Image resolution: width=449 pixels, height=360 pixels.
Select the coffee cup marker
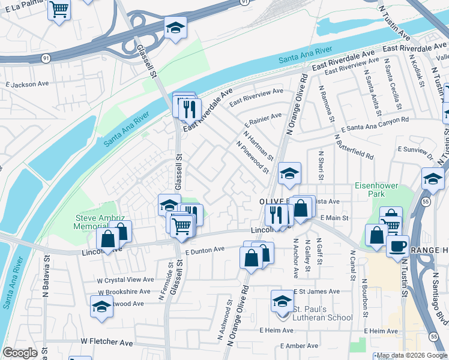click(397, 246)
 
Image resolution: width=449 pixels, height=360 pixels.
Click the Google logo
click(20, 353)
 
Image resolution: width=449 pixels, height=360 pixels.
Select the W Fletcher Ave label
click(107, 342)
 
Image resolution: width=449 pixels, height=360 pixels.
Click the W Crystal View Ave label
click(126, 280)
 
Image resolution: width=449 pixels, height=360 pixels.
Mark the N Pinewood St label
click(253, 157)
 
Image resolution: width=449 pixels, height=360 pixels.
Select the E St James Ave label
click(317, 292)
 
